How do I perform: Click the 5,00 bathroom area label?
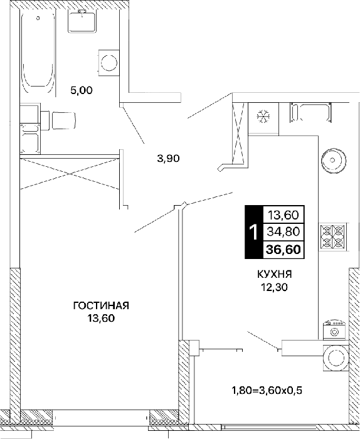tap(82, 90)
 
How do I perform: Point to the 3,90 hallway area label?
tap(168, 159)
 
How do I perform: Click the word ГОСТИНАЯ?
tap(101, 306)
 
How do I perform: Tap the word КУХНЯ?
tap(275, 275)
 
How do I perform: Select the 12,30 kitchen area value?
tap(274, 287)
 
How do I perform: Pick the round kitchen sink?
tap(332, 160)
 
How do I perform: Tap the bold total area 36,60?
tap(283, 249)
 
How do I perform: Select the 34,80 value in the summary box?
tap(283, 231)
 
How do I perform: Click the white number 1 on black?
tap(254, 232)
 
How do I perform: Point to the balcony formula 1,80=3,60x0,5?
tap(267, 390)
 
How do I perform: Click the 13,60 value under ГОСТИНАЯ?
tap(101, 319)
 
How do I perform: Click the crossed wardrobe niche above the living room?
tap(70, 174)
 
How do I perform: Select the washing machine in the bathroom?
tap(109, 63)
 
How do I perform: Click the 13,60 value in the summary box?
tap(283, 215)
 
